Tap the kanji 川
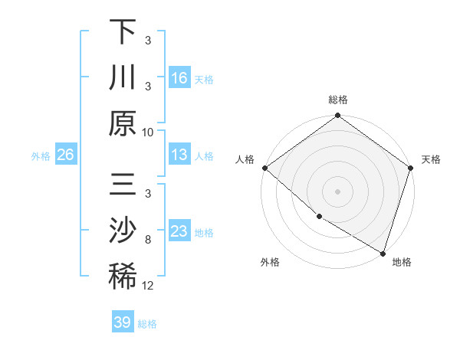(x=123, y=78)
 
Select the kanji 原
(x=123, y=124)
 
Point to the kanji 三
(x=123, y=185)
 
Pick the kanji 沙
(x=123, y=231)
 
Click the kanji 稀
(x=123, y=277)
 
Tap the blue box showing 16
(x=179, y=78)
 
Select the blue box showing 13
(x=179, y=155)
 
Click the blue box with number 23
(x=179, y=231)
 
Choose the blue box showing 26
(x=65, y=155)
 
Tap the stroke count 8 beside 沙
(x=147, y=239)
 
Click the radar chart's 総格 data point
(x=337, y=116)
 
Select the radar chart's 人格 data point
(x=264, y=168)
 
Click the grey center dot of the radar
(x=337, y=191)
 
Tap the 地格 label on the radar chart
(x=402, y=262)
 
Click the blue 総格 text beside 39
(x=147, y=324)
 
